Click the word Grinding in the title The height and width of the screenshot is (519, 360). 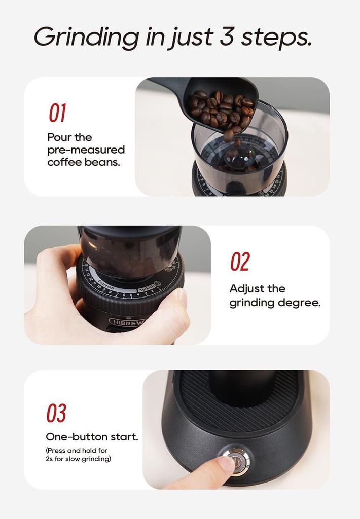coord(86,37)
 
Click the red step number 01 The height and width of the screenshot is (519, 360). coord(57,113)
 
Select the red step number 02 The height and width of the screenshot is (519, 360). coord(240,262)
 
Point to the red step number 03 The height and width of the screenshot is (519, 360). coord(56,413)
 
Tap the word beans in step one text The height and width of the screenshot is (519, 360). coord(105,163)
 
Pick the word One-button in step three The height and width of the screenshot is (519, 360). coord(77,437)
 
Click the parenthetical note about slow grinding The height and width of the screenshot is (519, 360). coord(78,455)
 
